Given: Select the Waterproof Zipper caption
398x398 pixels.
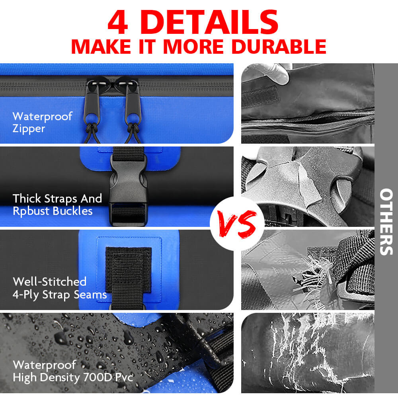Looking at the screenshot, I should pyautogui.click(x=43, y=122).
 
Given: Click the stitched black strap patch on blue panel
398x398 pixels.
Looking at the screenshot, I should pyautogui.click(x=128, y=271).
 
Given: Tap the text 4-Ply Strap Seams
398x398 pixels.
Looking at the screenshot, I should pyautogui.click(x=60, y=295).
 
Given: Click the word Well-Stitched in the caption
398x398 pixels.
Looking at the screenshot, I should pyautogui.click(x=49, y=281).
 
